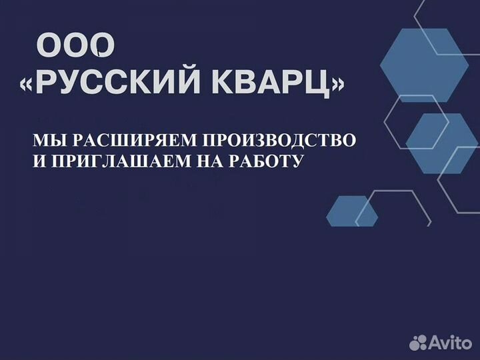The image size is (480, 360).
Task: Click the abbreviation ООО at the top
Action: click(75, 45)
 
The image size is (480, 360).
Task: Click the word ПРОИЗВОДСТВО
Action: click(279, 141)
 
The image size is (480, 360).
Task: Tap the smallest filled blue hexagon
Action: click(352, 211)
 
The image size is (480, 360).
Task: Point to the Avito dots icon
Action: click(418, 343)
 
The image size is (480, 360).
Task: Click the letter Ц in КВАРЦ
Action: click(320, 84)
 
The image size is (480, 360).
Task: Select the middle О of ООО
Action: click(75, 45)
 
